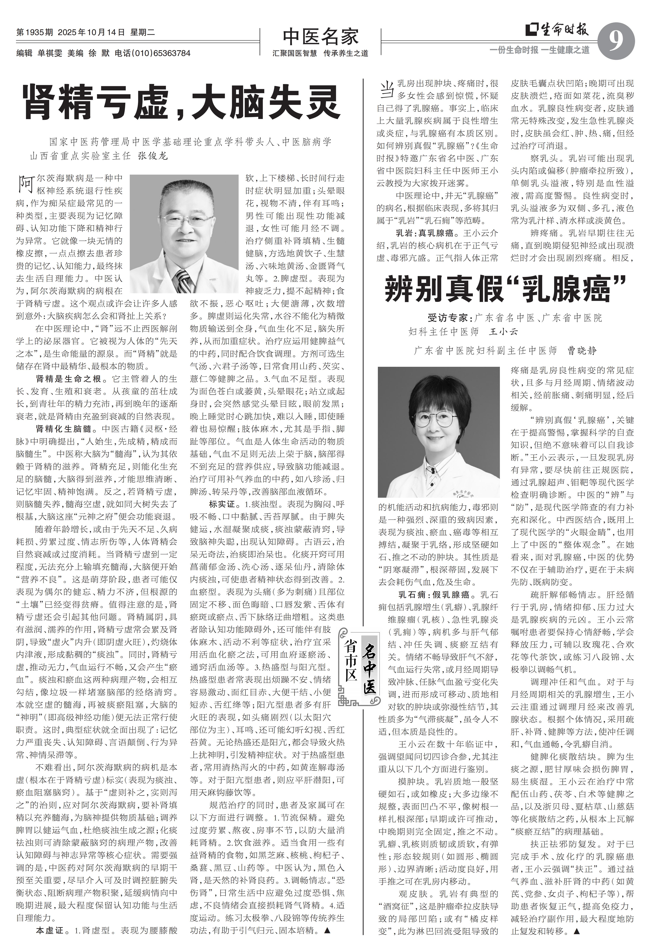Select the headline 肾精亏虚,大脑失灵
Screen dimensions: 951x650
[x=182, y=102]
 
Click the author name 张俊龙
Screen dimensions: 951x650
[x=153, y=156]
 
